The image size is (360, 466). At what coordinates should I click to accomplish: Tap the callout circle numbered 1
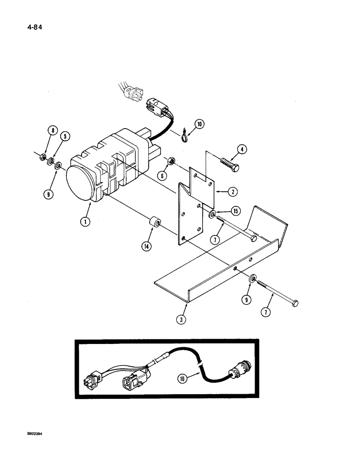click(85, 222)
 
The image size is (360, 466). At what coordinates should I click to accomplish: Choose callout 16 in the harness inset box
click(182, 379)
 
